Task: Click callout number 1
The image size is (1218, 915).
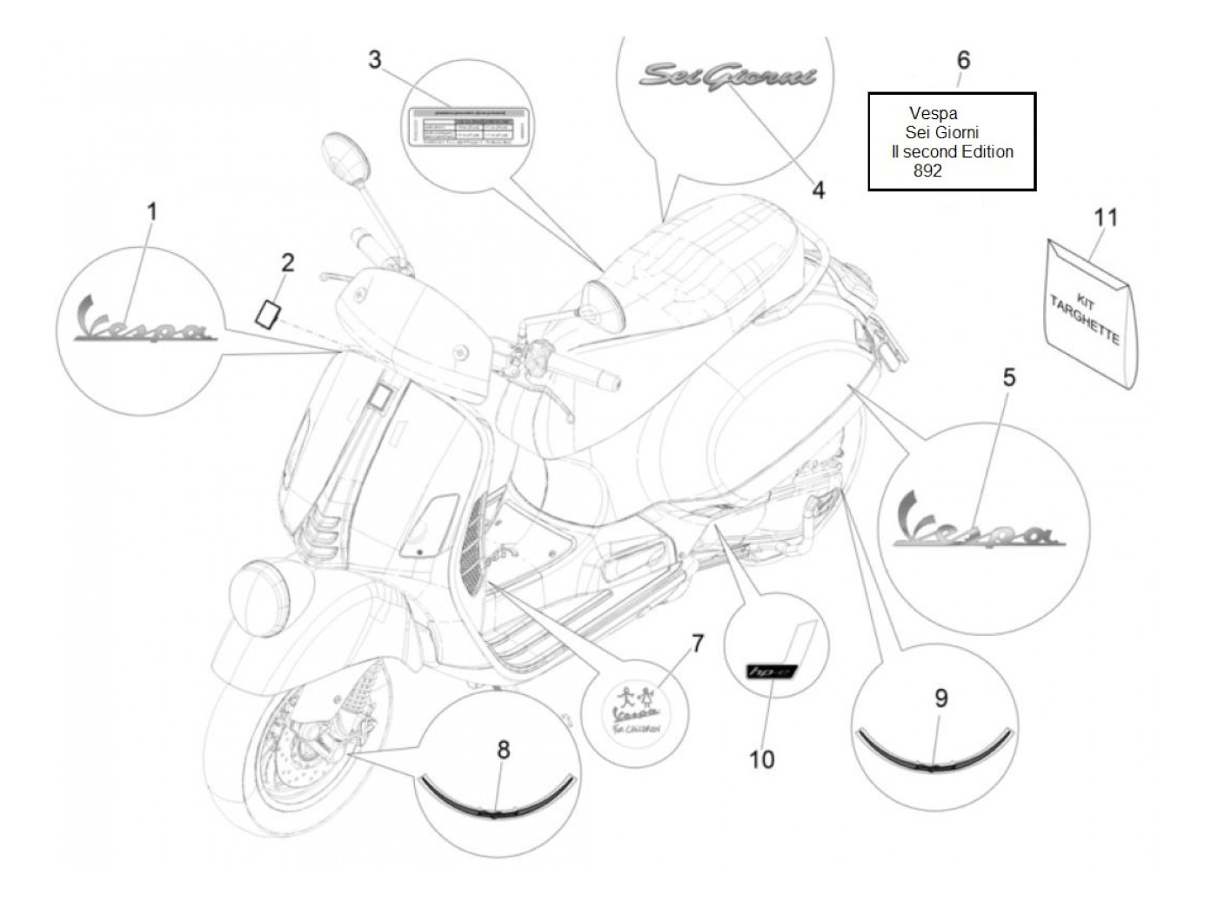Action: pos(151,210)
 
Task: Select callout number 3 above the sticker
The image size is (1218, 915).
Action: pos(374,60)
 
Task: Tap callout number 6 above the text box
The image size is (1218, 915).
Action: pos(963,60)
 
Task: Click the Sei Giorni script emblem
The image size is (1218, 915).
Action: pos(727,77)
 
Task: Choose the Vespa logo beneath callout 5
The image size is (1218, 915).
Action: pos(977,523)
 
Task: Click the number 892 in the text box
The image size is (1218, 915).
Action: pos(927,172)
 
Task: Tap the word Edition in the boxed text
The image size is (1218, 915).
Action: pos(984,151)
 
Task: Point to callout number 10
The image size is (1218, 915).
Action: pos(761,759)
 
